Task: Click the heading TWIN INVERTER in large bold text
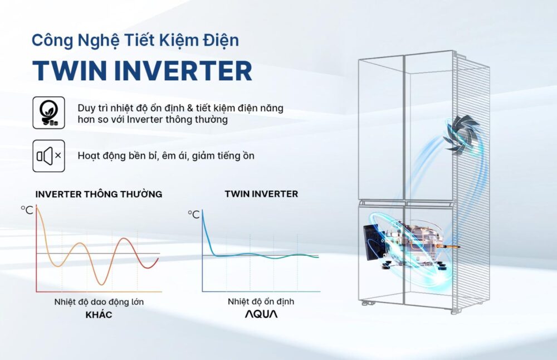(x=142, y=71)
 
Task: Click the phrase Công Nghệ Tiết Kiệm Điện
(x=135, y=40)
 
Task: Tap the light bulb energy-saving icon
(x=49, y=113)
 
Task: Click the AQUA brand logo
(x=261, y=314)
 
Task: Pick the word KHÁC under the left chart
(x=99, y=315)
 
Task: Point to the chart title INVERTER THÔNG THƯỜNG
(x=99, y=194)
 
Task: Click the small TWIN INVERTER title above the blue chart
(x=261, y=194)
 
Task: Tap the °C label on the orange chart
(x=27, y=210)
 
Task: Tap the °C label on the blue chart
(x=194, y=214)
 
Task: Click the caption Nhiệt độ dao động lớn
(x=99, y=302)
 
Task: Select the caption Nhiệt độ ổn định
(x=261, y=301)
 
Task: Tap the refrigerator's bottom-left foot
(x=367, y=303)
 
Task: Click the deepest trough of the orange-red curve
(x=101, y=283)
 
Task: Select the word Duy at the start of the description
(x=86, y=108)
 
